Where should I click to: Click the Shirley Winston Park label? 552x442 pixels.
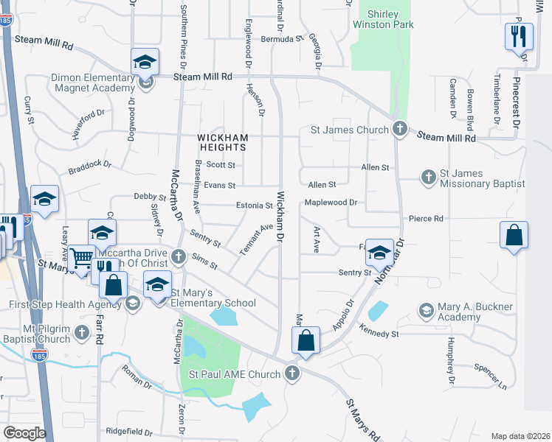pyautogui.click(x=382, y=19)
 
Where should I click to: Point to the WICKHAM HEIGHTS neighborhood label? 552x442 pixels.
pyautogui.click(x=222, y=143)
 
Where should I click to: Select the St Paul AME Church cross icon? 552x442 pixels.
pyautogui.click(x=292, y=373)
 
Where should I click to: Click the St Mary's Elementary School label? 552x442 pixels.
pyautogui.click(x=213, y=297)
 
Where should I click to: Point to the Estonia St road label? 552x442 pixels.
pyautogui.click(x=255, y=206)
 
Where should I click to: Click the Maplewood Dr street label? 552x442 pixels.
pyautogui.click(x=331, y=202)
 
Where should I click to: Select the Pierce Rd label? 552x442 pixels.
pyautogui.click(x=426, y=219)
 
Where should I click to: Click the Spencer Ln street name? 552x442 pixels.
pyautogui.click(x=490, y=378)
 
